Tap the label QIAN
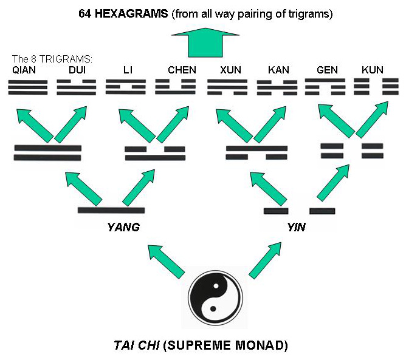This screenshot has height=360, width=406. [24, 70]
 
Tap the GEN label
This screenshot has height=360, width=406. [327, 70]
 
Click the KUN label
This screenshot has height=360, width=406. [372, 70]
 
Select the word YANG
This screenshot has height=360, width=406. [123, 228]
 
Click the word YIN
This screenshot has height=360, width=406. [295, 228]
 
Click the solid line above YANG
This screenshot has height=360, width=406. [111, 211]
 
